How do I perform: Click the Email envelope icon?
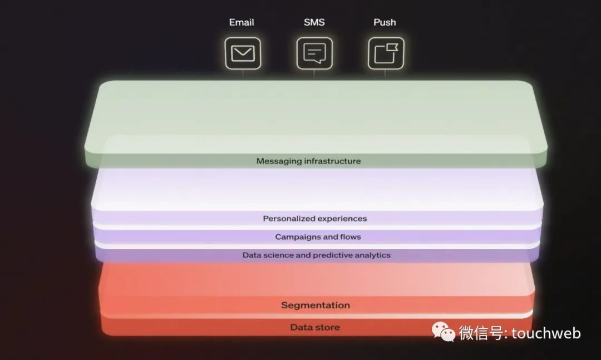(x=243, y=53)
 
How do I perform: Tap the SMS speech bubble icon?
(x=314, y=53)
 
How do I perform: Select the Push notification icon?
(x=386, y=53)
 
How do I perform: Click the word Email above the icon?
(x=242, y=22)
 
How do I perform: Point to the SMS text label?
(x=314, y=22)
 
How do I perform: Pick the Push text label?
(x=385, y=22)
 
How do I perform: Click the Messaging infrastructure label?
(x=308, y=161)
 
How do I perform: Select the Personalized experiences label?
(x=314, y=219)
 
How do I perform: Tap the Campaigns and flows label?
(x=318, y=237)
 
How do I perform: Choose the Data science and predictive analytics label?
(x=316, y=255)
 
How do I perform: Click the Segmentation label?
(x=315, y=305)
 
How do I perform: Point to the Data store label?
(x=314, y=327)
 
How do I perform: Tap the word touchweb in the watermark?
(x=546, y=333)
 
